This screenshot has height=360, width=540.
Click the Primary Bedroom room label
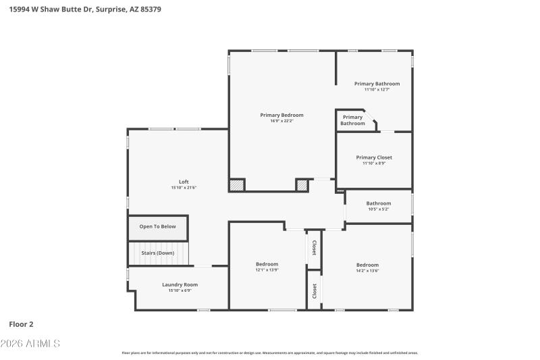point(281,115)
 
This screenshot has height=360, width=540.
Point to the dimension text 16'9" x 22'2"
point(281,121)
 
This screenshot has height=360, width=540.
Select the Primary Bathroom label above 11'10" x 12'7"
point(377,84)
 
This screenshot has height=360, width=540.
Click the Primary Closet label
point(374,157)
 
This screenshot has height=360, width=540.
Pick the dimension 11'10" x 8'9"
point(374,163)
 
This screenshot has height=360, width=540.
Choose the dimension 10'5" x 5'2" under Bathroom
point(378,209)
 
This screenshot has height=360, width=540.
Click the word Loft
point(184,181)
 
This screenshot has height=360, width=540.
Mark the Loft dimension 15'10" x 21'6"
point(184,188)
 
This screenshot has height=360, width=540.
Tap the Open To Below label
point(157,226)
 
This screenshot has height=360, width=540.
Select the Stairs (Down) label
point(157,253)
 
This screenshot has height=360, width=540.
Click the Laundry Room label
point(180,284)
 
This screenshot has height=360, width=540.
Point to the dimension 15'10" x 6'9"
point(180,290)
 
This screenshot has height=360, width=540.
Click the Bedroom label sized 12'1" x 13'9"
point(267,263)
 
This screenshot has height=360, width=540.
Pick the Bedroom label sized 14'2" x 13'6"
point(367,265)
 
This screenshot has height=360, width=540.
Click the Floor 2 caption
point(21,324)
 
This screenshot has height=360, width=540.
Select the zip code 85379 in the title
point(148,9)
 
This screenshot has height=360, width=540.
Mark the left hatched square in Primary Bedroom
point(236,184)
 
